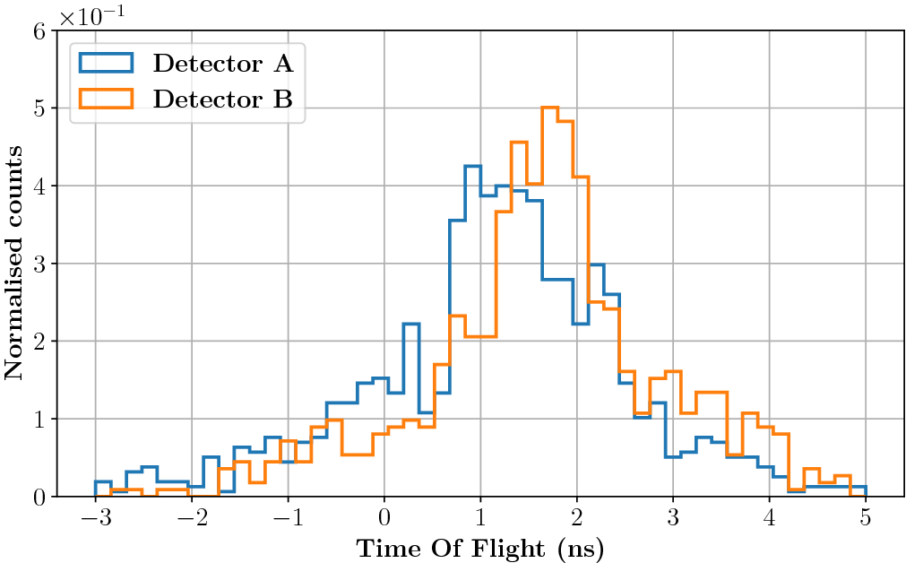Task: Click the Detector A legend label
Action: [x=223, y=63]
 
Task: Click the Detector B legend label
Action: [x=223, y=99]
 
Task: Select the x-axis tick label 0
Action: [x=384, y=519]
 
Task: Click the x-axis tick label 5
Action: [x=865, y=519]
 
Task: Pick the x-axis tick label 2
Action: [x=576, y=519]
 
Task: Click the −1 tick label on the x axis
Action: [x=283, y=519]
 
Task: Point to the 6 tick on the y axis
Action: [x=39, y=31]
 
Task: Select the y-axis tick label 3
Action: [x=39, y=264]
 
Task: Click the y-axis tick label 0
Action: [x=39, y=496]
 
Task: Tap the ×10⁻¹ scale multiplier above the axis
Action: [x=93, y=15]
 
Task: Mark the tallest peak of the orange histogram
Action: [x=549, y=108]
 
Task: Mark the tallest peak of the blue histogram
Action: [x=472, y=167]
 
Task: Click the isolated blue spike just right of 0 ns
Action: [x=411, y=325]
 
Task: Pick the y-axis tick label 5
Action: [x=39, y=108]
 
